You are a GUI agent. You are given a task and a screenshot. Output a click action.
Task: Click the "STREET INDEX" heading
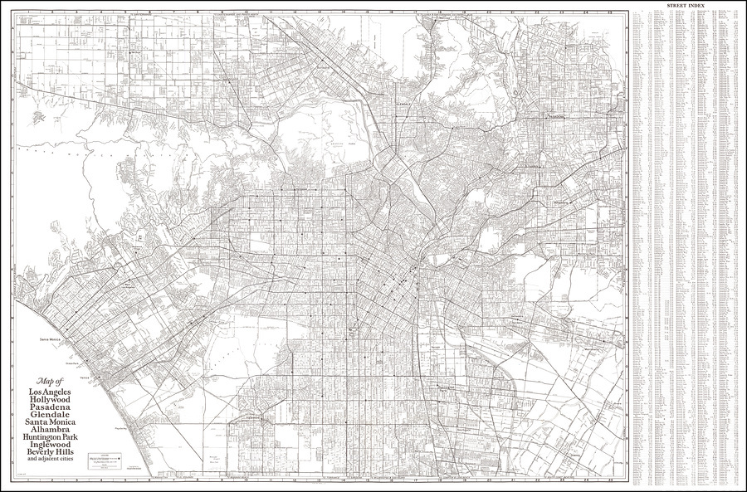686,6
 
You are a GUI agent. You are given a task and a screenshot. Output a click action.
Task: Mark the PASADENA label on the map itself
555,117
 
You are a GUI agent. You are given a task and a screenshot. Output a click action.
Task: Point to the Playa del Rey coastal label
121,429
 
